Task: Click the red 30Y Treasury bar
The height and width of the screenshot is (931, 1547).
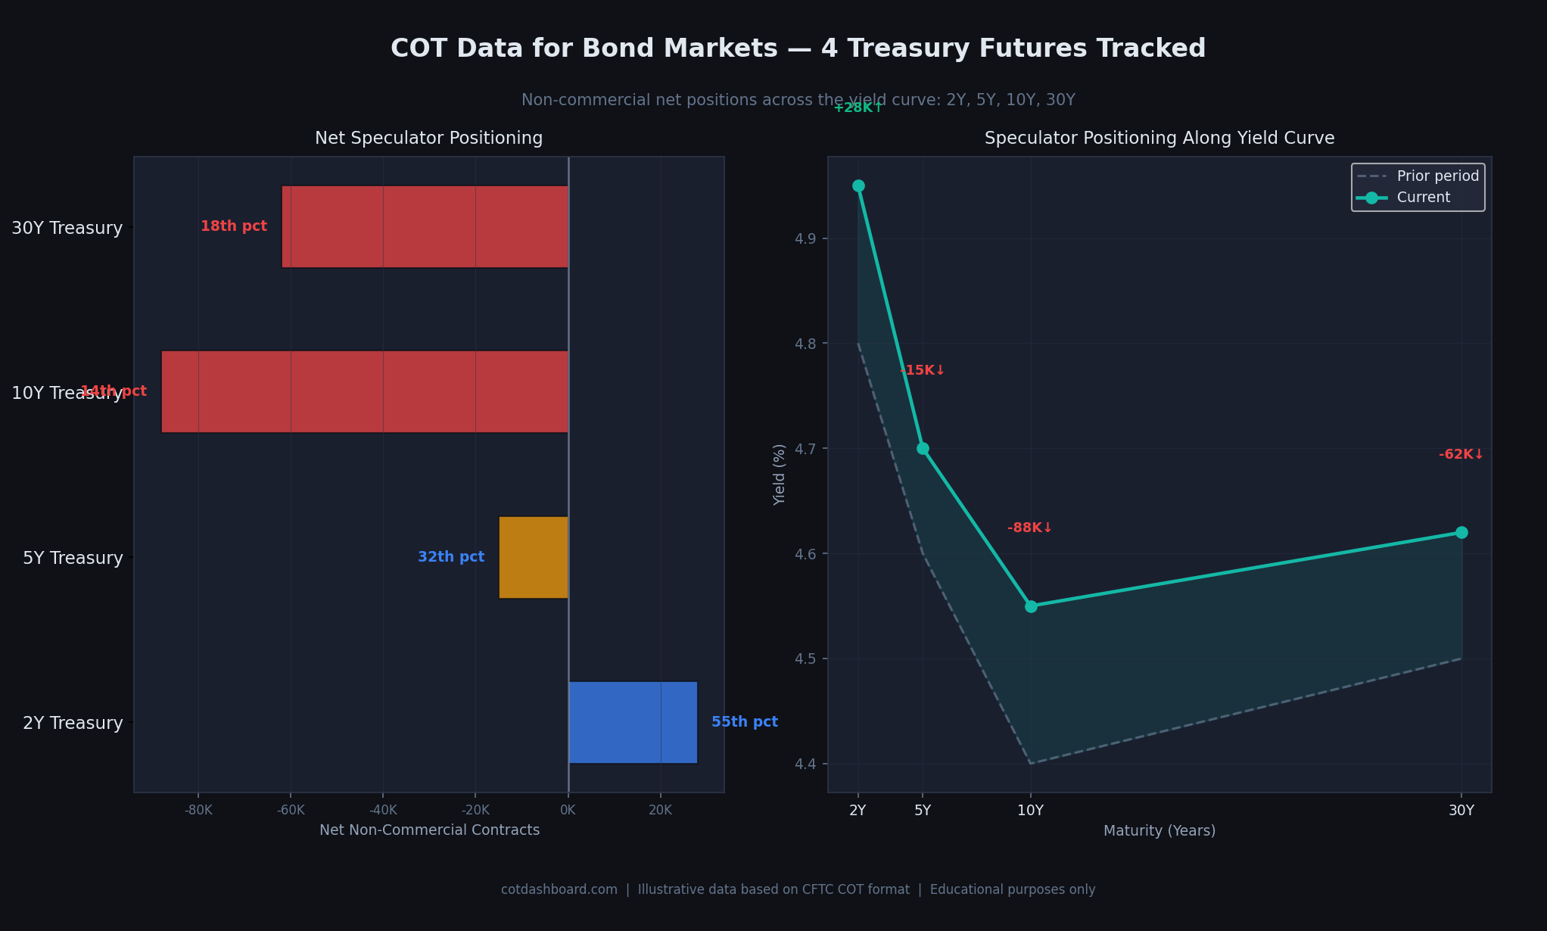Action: click(425, 226)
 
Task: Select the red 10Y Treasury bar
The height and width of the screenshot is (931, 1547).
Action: click(364, 391)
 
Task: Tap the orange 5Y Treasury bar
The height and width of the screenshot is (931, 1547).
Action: click(533, 557)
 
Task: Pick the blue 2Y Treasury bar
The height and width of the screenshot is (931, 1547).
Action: click(633, 722)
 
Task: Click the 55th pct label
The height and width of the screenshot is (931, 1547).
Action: click(744, 722)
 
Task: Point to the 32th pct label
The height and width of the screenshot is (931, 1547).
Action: click(451, 557)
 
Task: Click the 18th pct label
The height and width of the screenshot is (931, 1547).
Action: click(233, 226)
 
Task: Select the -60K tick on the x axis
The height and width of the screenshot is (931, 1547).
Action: click(291, 811)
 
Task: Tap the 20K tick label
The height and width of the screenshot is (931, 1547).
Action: click(660, 811)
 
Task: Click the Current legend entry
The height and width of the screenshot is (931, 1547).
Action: click(1423, 198)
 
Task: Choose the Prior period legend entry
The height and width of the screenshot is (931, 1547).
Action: click(1437, 176)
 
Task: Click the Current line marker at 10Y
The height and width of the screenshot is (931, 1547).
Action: click(1031, 606)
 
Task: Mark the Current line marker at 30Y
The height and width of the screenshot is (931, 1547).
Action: click(1461, 532)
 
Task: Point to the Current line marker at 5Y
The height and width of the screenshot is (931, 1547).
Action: click(923, 448)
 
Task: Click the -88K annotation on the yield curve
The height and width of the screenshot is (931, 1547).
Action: click(1029, 528)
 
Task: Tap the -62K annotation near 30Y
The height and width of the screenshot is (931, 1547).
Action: click(1461, 455)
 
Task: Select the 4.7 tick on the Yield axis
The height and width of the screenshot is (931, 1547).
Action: click(799, 449)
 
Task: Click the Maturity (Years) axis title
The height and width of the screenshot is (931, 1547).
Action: click(1159, 831)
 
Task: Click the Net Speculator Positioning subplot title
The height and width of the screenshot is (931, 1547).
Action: click(428, 139)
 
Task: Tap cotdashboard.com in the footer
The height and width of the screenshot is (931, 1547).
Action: click(559, 889)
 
